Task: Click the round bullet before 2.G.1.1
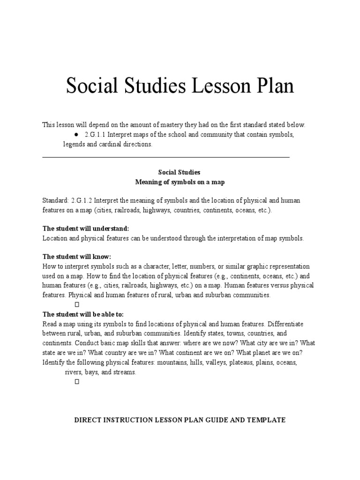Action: tap(75, 135)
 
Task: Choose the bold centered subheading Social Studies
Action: tap(180, 172)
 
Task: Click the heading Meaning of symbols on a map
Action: tap(180, 182)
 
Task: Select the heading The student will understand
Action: tap(85, 229)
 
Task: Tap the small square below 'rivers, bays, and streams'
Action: tap(77, 382)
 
